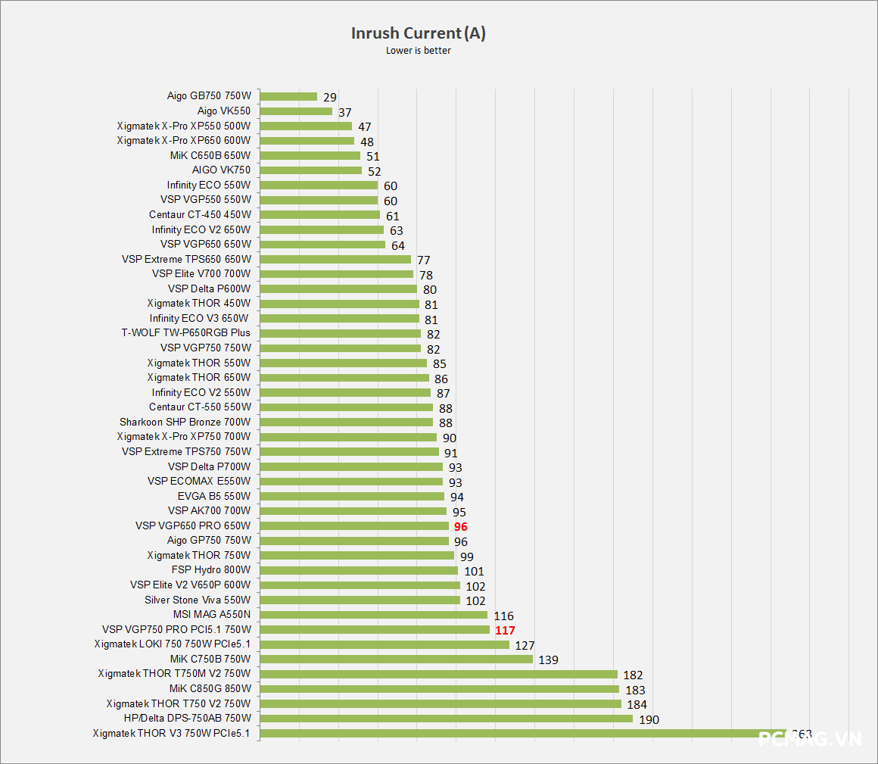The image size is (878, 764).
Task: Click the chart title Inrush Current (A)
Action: pyautogui.click(x=418, y=33)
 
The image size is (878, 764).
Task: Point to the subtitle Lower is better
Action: pyautogui.click(x=418, y=51)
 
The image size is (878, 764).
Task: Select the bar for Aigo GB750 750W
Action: pyautogui.click(x=288, y=96)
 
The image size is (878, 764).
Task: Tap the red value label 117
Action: pyautogui.click(x=505, y=630)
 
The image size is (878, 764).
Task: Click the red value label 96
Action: pyautogui.click(x=461, y=526)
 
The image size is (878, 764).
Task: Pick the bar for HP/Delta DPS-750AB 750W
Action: pyautogui.click(x=446, y=719)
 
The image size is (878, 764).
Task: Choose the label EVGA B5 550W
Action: pyautogui.click(x=213, y=496)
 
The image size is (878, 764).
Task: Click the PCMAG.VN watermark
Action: pyautogui.click(x=810, y=738)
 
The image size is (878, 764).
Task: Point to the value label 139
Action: pyautogui.click(x=548, y=660)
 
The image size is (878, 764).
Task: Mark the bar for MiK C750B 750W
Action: pyautogui.click(x=396, y=659)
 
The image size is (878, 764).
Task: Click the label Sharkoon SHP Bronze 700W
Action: pyautogui.click(x=185, y=422)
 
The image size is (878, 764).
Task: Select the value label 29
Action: pyautogui.click(x=329, y=97)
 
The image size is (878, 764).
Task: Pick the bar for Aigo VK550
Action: pyautogui.click(x=296, y=111)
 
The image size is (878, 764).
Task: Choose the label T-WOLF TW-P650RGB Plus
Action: pyautogui.click(x=185, y=332)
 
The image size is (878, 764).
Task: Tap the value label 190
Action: pyautogui.click(x=649, y=719)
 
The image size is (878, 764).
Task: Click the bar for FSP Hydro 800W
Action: pyautogui.click(x=359, y=570)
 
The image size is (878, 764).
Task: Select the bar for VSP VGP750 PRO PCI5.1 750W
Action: pyautogui.click(x=375, y=629)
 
